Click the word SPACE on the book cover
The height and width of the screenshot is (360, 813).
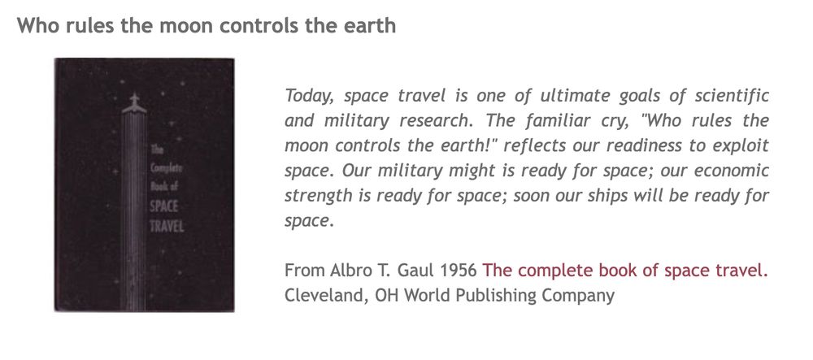166,206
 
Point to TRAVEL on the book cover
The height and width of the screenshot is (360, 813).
167,224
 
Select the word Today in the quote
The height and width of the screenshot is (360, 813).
309,95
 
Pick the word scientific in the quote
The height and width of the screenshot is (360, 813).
732,95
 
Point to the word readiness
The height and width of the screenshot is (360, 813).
615,146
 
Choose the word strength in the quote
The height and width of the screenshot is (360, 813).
316,197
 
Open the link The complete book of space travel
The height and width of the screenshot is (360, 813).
625,271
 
